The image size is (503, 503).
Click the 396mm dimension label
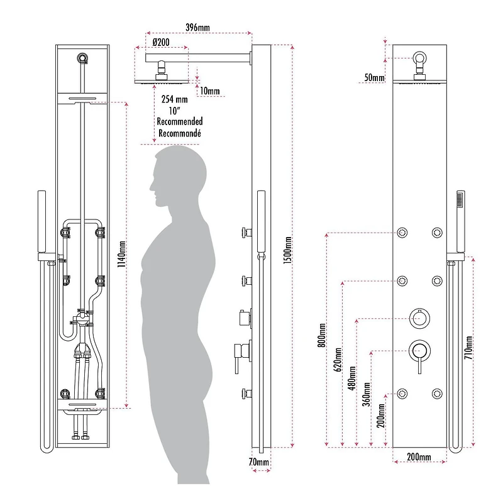tap(198, 28)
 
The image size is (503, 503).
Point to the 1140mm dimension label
tap(122, 255)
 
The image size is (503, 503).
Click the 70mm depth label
tap(259, 463)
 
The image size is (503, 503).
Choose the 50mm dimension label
tap(373, 78)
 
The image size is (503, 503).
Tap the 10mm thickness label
tap(209, 91)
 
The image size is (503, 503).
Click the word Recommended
tap(180, 121)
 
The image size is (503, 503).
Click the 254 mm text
tap(175, 99)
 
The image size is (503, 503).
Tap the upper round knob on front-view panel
tap(417, 318)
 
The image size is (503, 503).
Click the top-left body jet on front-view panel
tap(402, 234)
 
